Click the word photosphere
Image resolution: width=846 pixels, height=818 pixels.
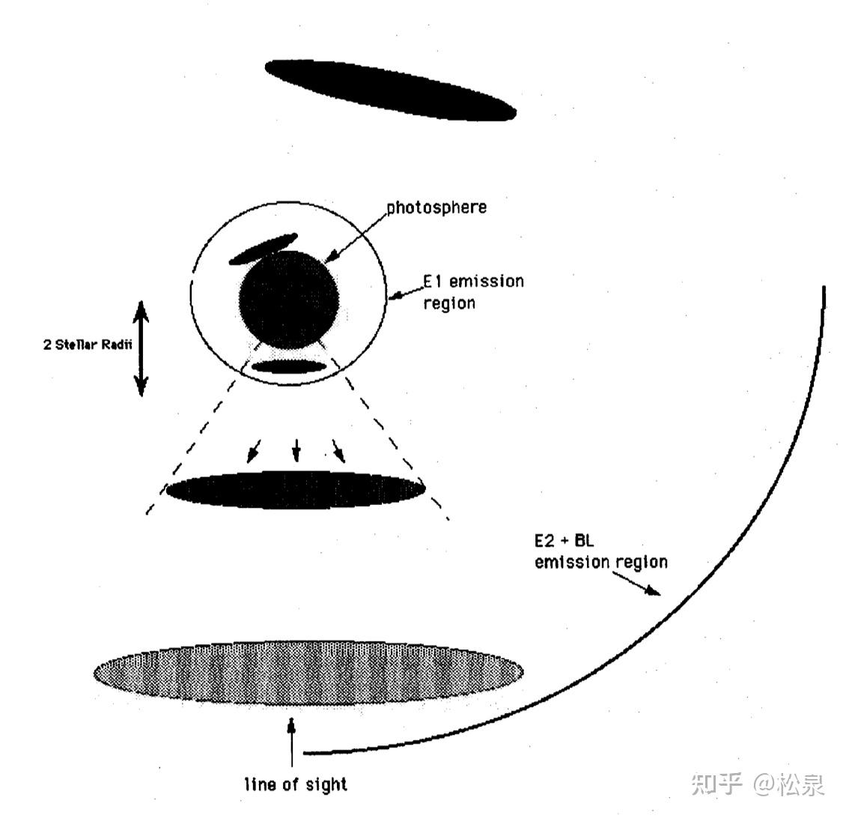coord(436,207)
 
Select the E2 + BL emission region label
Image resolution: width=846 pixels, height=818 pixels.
coord(600,552)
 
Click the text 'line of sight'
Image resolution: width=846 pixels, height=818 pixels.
coord(296,785)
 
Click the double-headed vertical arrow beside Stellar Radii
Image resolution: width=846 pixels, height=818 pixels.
coord(141,347)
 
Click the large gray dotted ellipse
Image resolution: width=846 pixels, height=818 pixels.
coord(307,673)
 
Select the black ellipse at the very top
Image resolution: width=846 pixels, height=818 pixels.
coord(390,89)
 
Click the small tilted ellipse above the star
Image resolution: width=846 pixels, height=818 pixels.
coord(262,249)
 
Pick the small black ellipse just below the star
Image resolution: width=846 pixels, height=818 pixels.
coord(289,367)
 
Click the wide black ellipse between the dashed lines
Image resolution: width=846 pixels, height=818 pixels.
coord(296,490)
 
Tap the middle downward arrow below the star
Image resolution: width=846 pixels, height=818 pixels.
coord(296,449)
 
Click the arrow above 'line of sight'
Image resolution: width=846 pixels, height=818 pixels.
coord(292,742)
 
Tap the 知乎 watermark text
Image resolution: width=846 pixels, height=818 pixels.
coord(717,784)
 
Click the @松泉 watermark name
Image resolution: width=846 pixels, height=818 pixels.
coord(788,784)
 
